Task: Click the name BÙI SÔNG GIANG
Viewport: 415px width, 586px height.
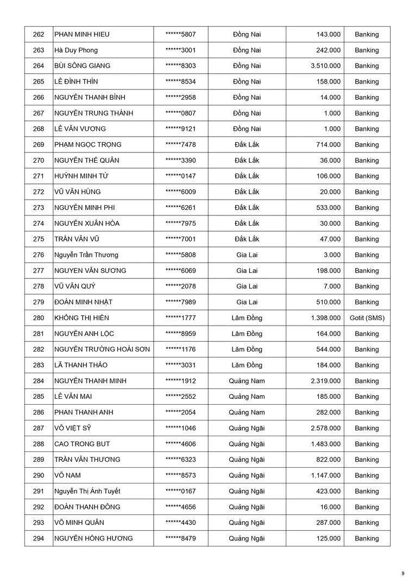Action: coord(82,66)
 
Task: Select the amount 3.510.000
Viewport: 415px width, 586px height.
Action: coord(326,66)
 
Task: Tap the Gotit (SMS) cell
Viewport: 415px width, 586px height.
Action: coord(367,318)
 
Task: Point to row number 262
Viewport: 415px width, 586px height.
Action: coord(39,34)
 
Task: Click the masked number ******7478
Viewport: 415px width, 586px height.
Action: coord(180,144)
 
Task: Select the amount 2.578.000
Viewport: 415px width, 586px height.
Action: coord(326,428)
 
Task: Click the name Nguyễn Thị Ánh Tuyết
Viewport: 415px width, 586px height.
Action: coord(87,491)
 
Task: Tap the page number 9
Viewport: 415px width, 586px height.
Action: coord(403,573)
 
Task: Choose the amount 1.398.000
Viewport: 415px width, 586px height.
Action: coord(326,318)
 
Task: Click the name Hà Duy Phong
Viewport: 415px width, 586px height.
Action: coord(76,50)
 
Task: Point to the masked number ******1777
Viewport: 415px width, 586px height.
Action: coord(180,318)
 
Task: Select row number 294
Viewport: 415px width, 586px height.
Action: coord(39,538)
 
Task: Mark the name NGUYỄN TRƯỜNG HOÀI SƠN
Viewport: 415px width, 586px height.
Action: coord(102,349)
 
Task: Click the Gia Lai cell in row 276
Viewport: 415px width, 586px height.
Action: coord(247,255)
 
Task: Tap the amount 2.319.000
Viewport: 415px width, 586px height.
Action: coord(326,381)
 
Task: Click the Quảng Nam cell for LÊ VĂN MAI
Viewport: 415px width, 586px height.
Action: coord(247,397)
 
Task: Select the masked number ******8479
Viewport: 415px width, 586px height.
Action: coord(180,538)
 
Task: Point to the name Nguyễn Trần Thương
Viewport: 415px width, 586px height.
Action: coord(86,255)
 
